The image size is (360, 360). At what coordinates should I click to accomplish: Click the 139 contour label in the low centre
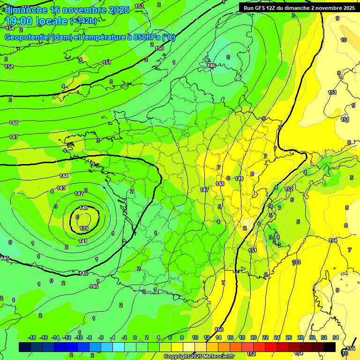click(84, 228)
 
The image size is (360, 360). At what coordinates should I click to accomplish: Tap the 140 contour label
click(83, 208)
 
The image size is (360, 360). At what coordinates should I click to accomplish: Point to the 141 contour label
click(83, 241)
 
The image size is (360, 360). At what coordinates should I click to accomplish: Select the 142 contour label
click(79, 194)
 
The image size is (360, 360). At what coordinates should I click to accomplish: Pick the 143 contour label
click(61, 188)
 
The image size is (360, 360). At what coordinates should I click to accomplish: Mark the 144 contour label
click(64, 176)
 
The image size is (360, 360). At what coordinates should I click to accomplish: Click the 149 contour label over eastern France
click(239, 179)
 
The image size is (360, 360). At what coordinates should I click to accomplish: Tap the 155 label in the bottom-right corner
click(351, 348)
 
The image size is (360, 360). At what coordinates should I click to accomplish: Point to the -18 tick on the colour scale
click(32, 337)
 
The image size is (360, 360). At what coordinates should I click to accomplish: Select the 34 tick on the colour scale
click(336, 337)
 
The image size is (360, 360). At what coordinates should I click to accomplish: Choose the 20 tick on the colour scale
click(254, 337)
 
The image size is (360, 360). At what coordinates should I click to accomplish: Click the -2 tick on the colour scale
click(124, 337)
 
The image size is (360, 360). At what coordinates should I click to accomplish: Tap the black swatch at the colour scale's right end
click(330, 347)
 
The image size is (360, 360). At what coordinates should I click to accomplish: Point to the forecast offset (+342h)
click(83, 21)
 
